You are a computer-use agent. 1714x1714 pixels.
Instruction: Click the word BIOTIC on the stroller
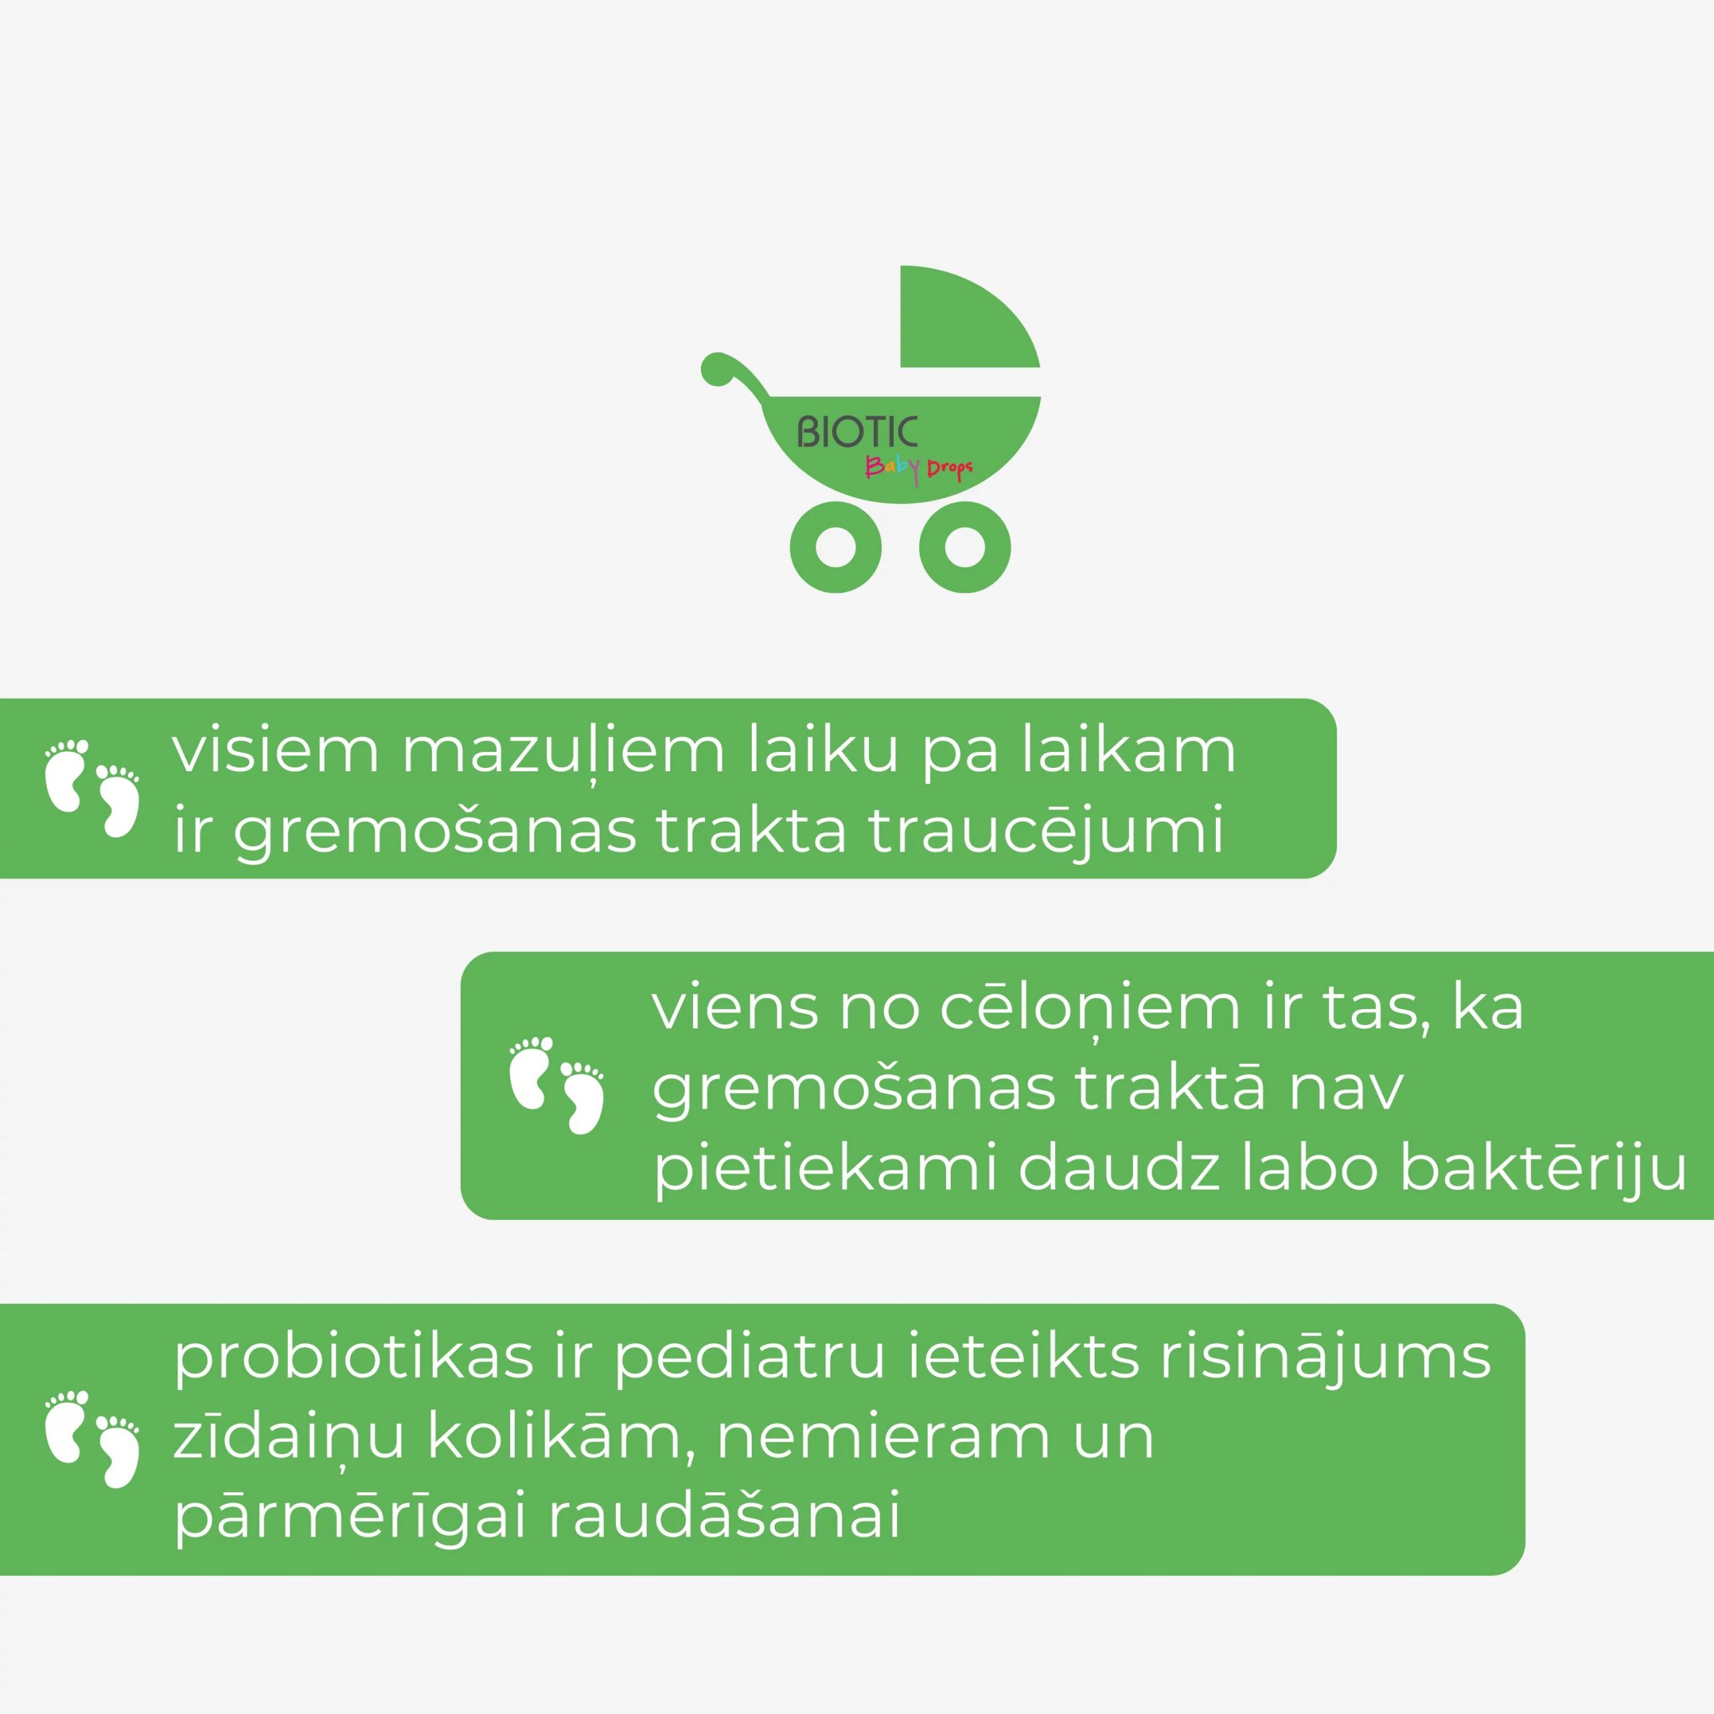pyautogui.click(x=857, y=432)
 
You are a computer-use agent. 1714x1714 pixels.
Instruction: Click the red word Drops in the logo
pyautogui.click(x=950, y=469)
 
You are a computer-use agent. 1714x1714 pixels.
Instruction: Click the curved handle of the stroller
pyautogui.click(x=732, y=373)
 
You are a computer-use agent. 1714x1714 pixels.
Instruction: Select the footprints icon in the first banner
pyautogui.click(x=92, y=788)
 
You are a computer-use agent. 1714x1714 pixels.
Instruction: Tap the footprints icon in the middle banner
pyautogui.click(x=557, y=1085)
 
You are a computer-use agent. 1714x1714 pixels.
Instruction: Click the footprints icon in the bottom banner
pyautogui.click(x=92, y=1438)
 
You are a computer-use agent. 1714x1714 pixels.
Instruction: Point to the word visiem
pyautogui.click(x=276, y=751)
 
